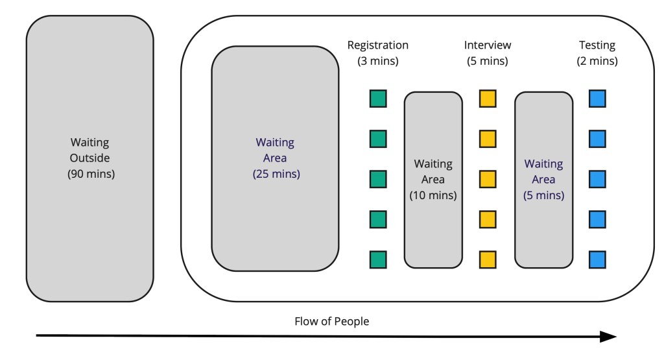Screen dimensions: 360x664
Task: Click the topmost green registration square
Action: tap(378, 99)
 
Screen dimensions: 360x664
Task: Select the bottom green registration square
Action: tap(378, 259)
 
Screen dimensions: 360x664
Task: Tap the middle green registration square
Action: tap(378, 179)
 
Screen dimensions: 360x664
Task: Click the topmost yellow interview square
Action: tap(488, 99)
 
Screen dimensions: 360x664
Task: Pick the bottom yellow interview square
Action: tap(488, 259)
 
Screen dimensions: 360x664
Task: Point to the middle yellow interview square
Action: tap(488, 179)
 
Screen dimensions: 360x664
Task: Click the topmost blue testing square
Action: tap(597, 99)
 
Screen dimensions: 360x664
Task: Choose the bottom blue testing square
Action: tap(597, 259)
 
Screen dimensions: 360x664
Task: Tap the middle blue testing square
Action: tap(597, 179)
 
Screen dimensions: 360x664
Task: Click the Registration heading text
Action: tap(378, 45)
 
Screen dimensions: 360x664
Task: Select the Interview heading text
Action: tap(488, 45)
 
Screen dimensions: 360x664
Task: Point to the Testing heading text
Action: tap(597, 45)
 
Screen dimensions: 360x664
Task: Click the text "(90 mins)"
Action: tap(91, 173)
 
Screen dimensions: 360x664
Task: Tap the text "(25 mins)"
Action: tap(275, 173)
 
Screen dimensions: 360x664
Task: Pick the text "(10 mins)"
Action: tap(433, 195)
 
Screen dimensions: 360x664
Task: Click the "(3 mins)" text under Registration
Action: tap(378, 62)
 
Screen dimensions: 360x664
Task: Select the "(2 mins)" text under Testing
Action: tap(597, 62)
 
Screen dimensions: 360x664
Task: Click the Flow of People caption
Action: tap(331, 321)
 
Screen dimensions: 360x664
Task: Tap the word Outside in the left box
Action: tap(91, 158)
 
